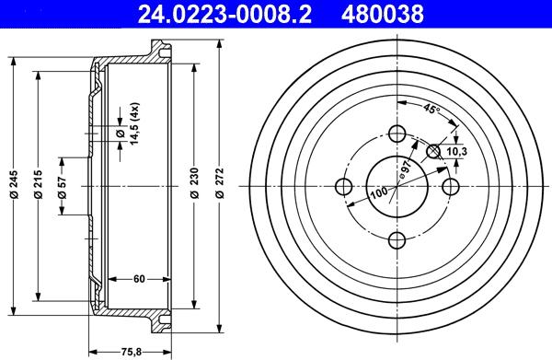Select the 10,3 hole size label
pyautogui.click(x=457, y=149)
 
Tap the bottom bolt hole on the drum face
pyautogui.click(x=397, y=241)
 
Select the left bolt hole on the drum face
pyautogui.click(x=343, y=188)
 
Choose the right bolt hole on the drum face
pyautogui.click(x=451, y=188)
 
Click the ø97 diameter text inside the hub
pyautogui.click(x=404, y=170)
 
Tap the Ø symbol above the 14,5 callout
pyautogui.click(x=121, y=134)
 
